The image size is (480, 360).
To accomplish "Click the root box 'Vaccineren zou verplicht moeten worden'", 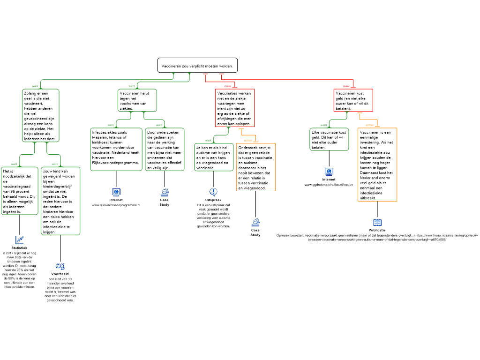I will point(197,66).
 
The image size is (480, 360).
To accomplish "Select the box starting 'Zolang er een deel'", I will point(41,116).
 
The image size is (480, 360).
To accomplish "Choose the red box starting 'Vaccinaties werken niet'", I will point(234,108).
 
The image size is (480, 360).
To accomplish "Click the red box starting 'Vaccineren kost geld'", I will point(353,101).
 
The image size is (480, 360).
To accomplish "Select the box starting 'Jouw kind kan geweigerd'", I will point(60,201).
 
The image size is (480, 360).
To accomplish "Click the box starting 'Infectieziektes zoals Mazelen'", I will point(116,150).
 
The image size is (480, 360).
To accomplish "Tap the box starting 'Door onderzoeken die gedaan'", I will point(165,150).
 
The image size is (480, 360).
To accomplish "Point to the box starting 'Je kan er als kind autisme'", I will point(214,157).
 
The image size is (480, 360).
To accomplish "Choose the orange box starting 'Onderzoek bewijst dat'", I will point(255,167).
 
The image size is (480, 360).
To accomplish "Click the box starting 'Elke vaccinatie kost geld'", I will point(329,139).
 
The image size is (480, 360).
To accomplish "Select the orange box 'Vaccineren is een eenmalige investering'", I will point(377,165).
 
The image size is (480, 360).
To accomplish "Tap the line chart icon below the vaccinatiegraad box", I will point(20,240).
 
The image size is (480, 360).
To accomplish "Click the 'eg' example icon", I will point(60,266).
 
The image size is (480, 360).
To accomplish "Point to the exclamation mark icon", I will point(214,192).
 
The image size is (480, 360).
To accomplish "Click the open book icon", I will point(377,223).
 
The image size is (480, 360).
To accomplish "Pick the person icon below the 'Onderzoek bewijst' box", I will point(255,223).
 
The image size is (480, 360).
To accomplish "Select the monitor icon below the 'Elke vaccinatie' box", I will point(329,172).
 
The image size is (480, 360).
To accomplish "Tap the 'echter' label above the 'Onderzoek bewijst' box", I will point(248,140).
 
